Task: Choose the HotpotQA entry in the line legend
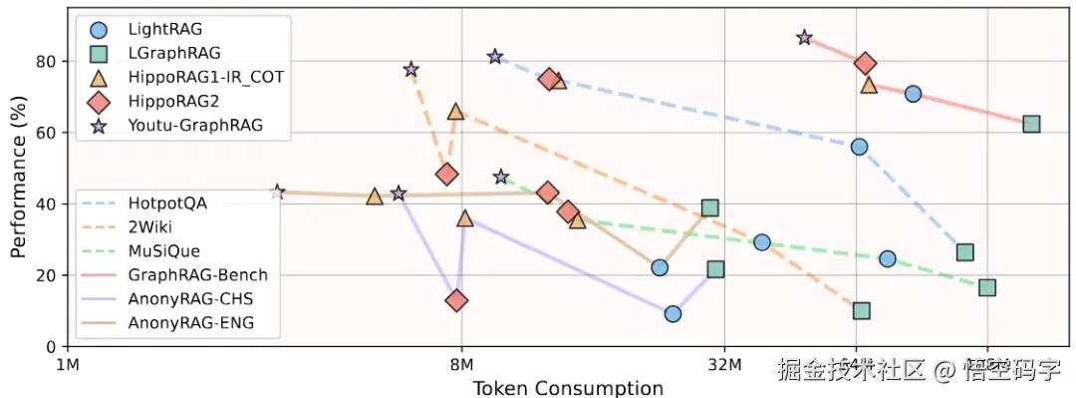(x=166, y=203)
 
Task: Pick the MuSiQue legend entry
(x=163, y=251)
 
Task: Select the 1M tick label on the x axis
(x=68, y=364)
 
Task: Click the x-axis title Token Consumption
(x=567, y=387)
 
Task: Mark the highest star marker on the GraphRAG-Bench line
(x=805, y=38)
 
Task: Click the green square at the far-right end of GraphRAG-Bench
(x=1031, y=124)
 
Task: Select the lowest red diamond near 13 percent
(x=457, y=300)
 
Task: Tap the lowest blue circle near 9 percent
(x=672, y=313)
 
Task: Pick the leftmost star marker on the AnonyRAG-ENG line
(x=278, y=192)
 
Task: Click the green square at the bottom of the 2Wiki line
(x=862, y=310)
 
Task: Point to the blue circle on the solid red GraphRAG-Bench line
(x=913, y=94)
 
